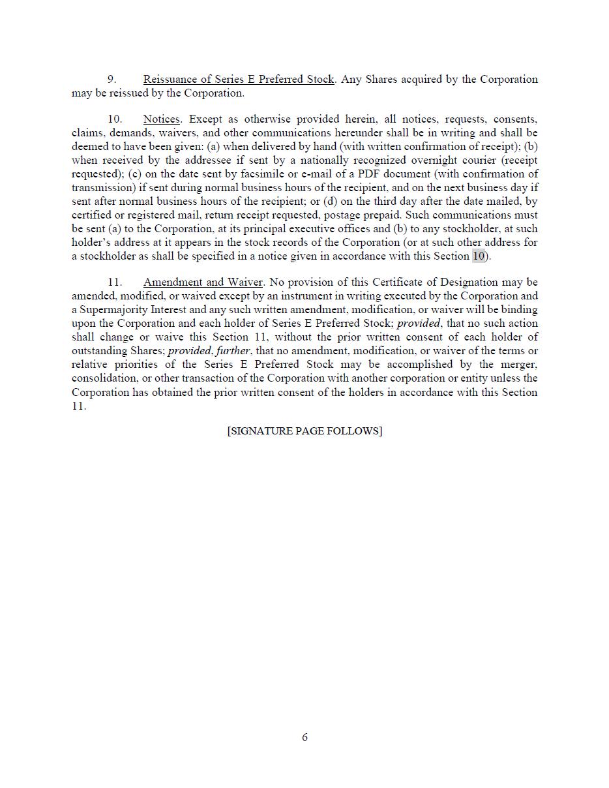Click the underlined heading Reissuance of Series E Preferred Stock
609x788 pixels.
[x=239, y=79]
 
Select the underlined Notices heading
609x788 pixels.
[x=161, y=119]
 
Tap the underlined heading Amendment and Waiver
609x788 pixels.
[x=203, y=282]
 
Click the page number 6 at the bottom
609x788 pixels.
[x=304, y=737]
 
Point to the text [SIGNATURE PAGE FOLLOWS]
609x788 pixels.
[x=304, y=431]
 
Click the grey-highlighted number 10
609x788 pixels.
[x=479, y=256]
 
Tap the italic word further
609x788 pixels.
[x=233, y=350]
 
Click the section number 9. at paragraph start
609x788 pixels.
[x=112, y=79]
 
